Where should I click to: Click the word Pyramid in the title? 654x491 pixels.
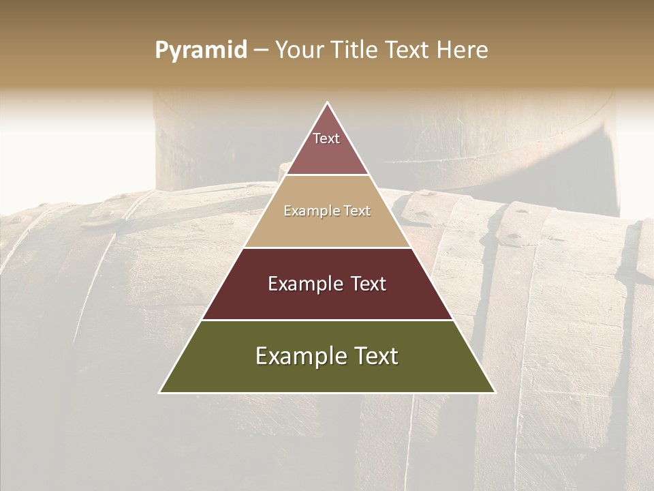pos(200,50)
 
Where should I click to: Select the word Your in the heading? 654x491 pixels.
pos(298,50)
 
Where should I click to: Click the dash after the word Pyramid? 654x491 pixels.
pos(261,50)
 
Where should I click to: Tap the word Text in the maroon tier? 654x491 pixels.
pos(366,284)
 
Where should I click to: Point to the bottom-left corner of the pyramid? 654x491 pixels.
pos(160,392)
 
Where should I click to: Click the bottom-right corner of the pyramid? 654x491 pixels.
pos(495,392)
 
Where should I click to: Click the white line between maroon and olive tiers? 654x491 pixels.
pos(327,320)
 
